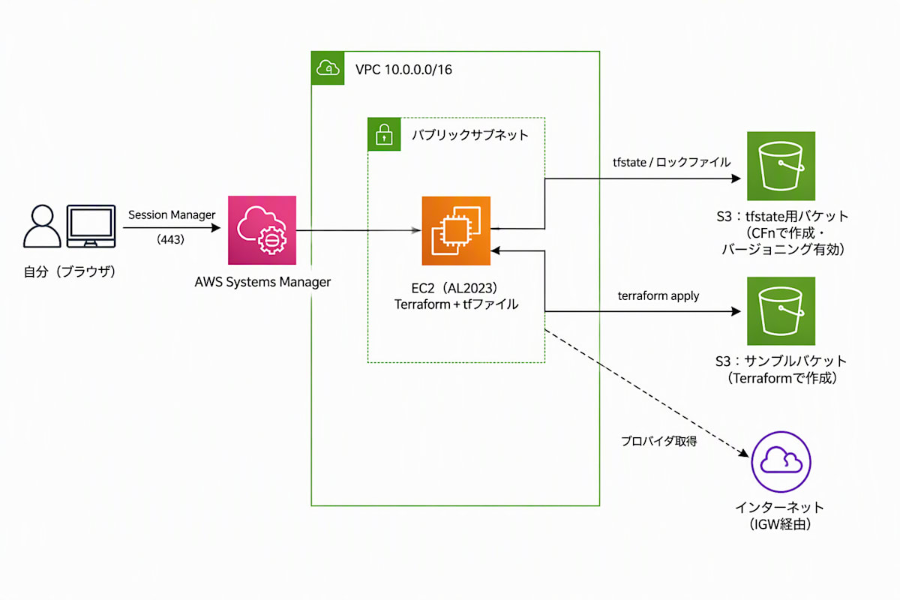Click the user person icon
pos(42,226)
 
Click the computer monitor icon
pos(91,226)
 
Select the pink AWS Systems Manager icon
pos(262,230)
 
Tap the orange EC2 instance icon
pos(456,231)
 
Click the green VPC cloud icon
pos(328,68)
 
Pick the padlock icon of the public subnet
pos(384,134)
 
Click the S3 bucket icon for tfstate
pos(781,166)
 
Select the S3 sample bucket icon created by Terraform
pos(781,311)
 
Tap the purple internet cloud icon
pos(781,462)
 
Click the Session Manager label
pos(172,215)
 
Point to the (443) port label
pos(170,239)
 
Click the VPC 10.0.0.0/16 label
pos(403,70)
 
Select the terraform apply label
pos(658,295)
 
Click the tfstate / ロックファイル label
pos(672,162)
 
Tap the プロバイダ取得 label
pos(659,441)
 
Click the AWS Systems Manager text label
pos(262,282)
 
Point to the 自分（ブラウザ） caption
pos(70,271)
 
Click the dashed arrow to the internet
pos(646,393)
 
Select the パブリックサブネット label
pos(470,135)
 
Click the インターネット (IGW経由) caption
pos(780,515)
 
